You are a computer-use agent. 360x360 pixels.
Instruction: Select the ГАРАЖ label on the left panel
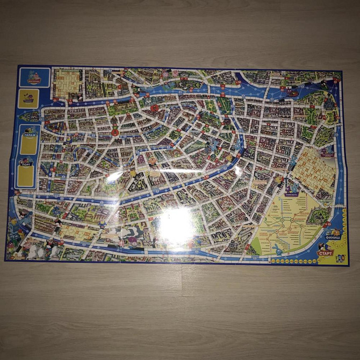(29, 136)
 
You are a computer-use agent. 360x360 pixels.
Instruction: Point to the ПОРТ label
(26, 164)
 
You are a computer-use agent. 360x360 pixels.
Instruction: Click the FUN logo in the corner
(340, 257)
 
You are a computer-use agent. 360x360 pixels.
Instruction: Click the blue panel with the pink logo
(34, 77)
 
